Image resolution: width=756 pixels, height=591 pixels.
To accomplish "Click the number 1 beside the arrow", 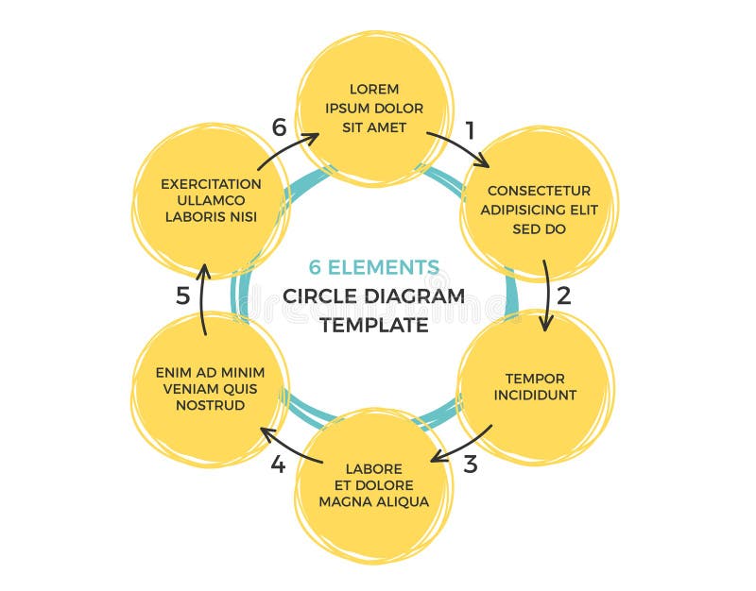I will point(470,126).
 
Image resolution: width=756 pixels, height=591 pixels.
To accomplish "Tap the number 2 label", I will point(564,295).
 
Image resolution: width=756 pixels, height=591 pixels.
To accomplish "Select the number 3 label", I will point(470,464).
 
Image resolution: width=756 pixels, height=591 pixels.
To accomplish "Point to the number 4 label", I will point(278,464).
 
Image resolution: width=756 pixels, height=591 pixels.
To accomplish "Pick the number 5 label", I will point(183,295).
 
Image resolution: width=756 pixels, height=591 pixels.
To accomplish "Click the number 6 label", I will point(279,127).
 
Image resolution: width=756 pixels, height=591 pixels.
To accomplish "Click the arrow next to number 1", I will point(457,147).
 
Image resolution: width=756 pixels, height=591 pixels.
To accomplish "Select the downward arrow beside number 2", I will point(546,295).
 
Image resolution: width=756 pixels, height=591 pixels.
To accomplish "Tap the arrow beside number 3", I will point(462,445).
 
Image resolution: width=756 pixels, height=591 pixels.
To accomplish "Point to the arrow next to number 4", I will point(292,445).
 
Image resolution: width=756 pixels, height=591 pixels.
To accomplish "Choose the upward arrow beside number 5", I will point(203,296).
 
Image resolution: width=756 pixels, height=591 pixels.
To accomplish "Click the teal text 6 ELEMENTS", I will point(374,267).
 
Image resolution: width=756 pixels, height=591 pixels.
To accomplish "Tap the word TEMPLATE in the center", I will point(374,325).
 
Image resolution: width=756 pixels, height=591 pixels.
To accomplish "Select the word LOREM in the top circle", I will point(374,90).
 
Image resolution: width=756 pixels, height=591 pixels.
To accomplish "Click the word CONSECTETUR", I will point(539,191).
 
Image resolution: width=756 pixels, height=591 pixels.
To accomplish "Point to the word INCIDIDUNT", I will point(535,395).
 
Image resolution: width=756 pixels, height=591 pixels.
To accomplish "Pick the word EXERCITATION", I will point(211,183).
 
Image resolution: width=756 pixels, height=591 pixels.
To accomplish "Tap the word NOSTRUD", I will point(210,405).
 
